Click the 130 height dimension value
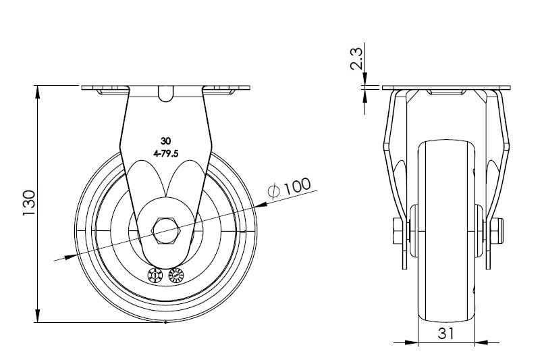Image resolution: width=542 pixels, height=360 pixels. click(x=30, y=203)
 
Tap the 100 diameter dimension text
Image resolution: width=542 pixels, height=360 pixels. click(x=297, y=186)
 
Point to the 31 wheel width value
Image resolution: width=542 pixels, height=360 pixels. click(x=446, y=334)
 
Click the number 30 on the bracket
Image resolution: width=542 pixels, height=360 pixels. click(x=165, y=140)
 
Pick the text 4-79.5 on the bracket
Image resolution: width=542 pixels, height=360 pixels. click(x=165, y=154)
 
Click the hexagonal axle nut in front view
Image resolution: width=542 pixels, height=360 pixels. click(x=165, y=231)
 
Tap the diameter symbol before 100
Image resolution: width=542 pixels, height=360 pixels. click(x=274, y=191)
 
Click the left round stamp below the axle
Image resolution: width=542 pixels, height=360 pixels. click(x=155, y=276)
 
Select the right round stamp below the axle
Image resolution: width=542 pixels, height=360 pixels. click(x=175, y=276)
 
